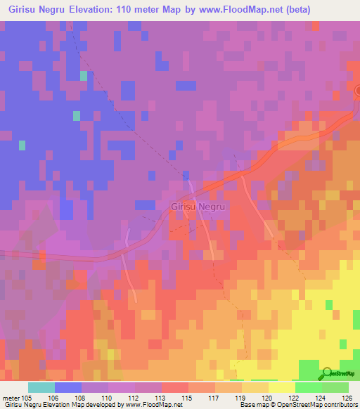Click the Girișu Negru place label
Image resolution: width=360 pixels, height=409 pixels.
[198, 207]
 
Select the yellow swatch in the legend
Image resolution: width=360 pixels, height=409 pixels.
[282, 387]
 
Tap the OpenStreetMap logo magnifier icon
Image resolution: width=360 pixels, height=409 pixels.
[327, 372]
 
